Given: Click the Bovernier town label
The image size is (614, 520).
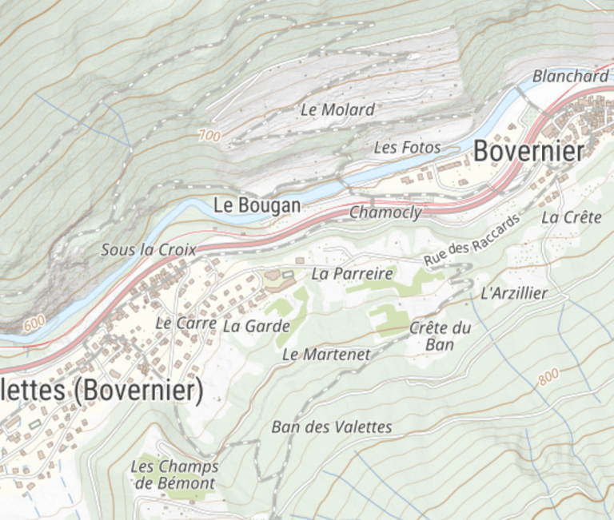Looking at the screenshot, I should pyautogui.click(x=529, y=150).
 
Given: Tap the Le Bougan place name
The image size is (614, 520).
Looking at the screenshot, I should pyautogui.click(x=257, y=205).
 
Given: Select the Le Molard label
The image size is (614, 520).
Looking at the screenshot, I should pyautogui.click(x=337, y=110).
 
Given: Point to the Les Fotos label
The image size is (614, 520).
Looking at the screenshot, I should pyautogui.click(x=407, y=148).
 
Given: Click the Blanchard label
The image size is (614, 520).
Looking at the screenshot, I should pyautogui.click(x=570, y=77).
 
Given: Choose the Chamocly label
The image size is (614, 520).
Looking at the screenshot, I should pyautogui.click(x=385, y=212).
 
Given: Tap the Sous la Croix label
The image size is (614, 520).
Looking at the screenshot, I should pyautogui.click(x=148, y=250).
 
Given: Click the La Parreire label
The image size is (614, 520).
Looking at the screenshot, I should pyautogui.click(x=352, y=274).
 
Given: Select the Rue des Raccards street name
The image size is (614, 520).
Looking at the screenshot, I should pyautogui.click(x=471, y=240).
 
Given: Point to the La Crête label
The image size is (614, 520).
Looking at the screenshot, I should pyautogui.click(x=571, y=217).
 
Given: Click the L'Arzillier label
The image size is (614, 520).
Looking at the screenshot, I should pyautogui.click(x=514, y=293).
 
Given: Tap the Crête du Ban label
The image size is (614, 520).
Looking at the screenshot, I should pyautogui.click(x=440, y=336).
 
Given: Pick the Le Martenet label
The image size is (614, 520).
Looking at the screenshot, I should pyautogui.click(x=326, y=354).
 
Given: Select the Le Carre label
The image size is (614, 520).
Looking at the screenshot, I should pyautogui.click(x=185, y=324).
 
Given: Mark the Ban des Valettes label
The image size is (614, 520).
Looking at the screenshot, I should pyautogui.click(x=332, y=427).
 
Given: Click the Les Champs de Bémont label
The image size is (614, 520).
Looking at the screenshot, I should pyautogui.click(x=174, y=474).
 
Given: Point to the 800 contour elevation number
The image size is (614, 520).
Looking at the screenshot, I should pyautogui.click(x=548, y=378).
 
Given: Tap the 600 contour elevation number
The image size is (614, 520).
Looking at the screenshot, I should pyautogui.click(x=34, y=323).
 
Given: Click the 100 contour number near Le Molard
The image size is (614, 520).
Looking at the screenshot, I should pyautogui.click(x=209, y=137).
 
